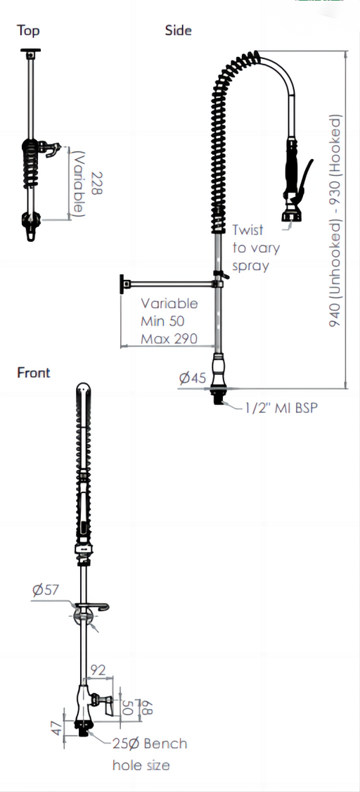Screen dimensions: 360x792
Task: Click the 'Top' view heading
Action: tap(27, 30)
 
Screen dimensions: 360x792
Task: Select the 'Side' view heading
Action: tap(178, 30)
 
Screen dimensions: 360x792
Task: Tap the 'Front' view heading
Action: tap(34, 373)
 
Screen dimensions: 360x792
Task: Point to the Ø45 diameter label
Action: tap(193, 378)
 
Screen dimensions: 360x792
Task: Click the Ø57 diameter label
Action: tap(46, 589)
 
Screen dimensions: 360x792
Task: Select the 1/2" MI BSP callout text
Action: tap(282, 408)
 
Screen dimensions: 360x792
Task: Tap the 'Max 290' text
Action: tap(169, 338)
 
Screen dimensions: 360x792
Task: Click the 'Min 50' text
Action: tap(162, 321)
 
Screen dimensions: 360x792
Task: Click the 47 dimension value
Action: tap(56, 728)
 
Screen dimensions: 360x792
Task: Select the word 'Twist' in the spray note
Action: tap(248, 230)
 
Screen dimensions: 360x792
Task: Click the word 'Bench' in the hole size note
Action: tap(165, 743)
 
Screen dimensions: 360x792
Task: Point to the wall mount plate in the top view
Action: tap(31, 51)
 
